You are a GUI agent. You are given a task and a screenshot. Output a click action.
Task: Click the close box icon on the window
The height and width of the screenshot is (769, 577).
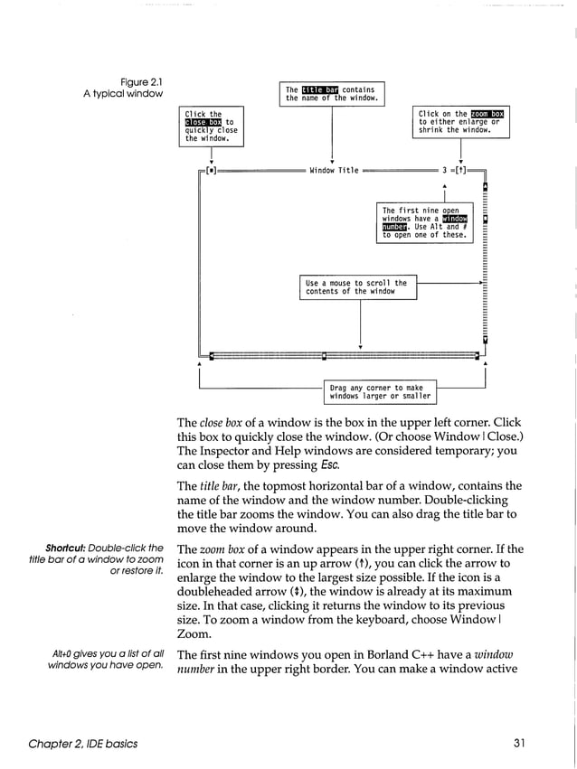211,170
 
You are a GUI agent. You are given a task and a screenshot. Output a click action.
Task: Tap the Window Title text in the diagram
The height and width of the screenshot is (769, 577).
334,170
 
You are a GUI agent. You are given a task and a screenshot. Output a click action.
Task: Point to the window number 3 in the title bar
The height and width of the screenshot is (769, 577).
444,170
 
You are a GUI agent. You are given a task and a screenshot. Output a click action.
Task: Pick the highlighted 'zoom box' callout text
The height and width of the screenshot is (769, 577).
487,114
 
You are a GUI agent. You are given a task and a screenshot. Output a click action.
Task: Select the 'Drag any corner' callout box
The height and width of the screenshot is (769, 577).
380,392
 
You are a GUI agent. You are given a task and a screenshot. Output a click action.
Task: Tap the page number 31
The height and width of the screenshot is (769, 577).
518,744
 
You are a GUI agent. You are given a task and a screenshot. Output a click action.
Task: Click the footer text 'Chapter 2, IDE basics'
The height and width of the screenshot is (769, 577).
83,744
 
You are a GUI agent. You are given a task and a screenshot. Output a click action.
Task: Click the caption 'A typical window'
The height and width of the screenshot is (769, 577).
127,94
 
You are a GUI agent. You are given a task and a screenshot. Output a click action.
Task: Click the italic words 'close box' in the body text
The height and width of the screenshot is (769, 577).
223,423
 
